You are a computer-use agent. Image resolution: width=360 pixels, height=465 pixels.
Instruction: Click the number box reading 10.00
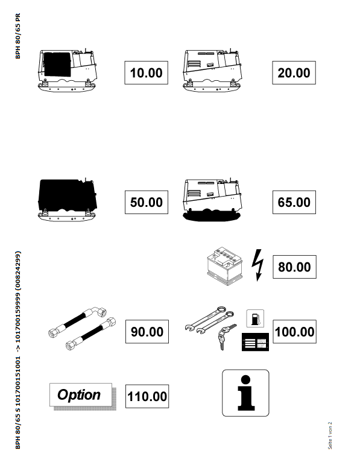(x=146, y=72)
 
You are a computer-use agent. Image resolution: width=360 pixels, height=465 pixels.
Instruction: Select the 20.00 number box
(x=294, y=72)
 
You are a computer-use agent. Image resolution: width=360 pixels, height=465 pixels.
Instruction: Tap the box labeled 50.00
(x=147, y=202)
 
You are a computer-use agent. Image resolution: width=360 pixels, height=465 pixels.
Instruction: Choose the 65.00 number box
(x=294, y=202)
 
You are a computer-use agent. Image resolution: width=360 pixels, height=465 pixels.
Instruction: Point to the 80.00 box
(x=294, y=267)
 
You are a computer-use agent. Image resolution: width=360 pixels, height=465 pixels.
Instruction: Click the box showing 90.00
(x=147, y=332)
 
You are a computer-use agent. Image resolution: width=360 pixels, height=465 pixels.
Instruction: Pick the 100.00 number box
(x=294, y=332)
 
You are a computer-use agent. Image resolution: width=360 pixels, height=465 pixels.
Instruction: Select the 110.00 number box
(x=147, y=396)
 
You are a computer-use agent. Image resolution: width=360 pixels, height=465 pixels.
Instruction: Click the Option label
(x=81, y=394)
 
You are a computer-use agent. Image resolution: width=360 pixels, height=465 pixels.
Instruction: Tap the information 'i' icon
(x=245, y=393)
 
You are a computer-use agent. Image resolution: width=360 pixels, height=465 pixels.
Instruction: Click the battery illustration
(x=225, y=266)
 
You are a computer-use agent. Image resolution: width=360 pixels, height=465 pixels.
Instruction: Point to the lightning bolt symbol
(x=257, y=265)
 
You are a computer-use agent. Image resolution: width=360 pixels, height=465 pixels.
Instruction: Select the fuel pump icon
(x=255, y=318)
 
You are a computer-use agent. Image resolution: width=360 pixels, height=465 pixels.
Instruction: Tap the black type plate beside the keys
(x=255, y=342)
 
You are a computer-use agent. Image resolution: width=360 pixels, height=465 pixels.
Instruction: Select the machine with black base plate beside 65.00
(x=212, y=200)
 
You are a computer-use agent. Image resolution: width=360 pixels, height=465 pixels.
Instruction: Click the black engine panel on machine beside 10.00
(x=57, y=65)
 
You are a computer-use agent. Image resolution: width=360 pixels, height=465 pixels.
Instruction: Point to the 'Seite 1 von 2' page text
(x=330, y=435)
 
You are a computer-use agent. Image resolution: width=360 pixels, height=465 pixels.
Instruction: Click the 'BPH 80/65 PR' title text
(x=18, y=36)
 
